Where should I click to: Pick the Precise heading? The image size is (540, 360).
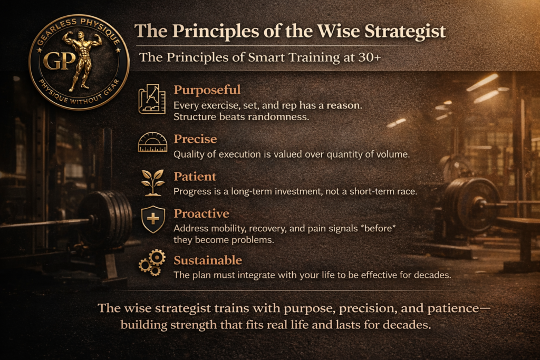click(x=195, y=139)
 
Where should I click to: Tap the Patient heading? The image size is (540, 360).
click(x=195, y=176)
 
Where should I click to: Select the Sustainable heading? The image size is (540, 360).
click(x=208, y=260)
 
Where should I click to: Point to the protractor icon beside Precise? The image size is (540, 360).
click(x=152, y=143)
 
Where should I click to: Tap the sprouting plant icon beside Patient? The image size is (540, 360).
click(x=152, y=179)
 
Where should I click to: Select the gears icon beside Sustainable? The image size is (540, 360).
click(x=152, y=263)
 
